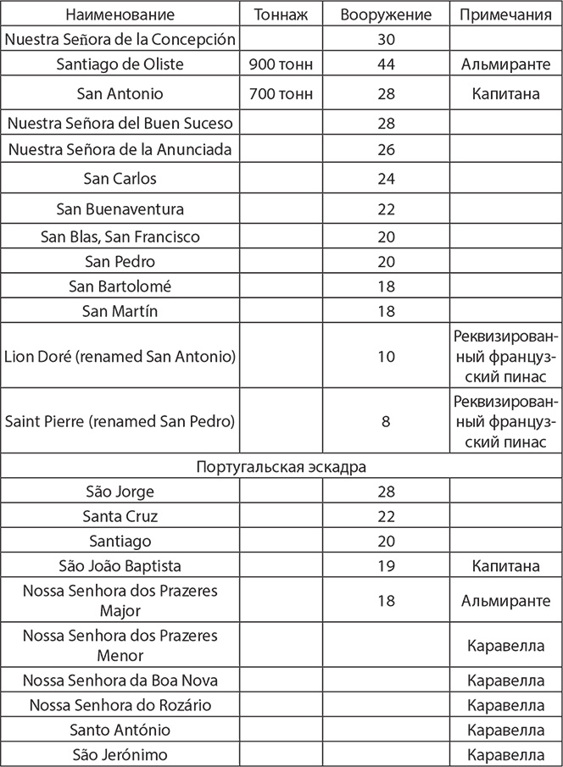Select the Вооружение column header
click(x=386, y=15)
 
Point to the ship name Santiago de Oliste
click(x=120, y=64)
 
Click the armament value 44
click(x=386, y=64)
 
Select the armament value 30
click(x=386, y=39)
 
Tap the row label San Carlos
click(x=120, y=179)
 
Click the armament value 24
click(x=386, y=179)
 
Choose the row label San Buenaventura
click(x=120, y=208)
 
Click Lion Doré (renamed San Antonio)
click(x=120, y=356)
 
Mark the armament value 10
click(x=386, y=356)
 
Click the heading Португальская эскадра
click(x=281, y=467)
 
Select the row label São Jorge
click(x=120, y=492)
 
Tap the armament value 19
click(x=386, y=564)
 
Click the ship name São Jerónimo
click(x=120, y=754)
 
